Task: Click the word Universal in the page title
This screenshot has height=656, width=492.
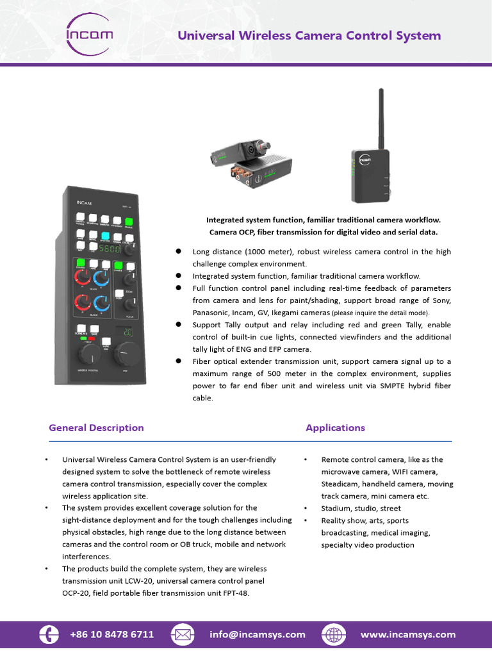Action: point(205,35)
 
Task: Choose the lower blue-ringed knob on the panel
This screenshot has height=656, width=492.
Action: point(101,302)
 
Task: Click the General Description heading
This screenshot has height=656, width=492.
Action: point(96,428)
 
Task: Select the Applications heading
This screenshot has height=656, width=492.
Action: point(335,428)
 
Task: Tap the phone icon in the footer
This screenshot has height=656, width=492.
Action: point(48,634)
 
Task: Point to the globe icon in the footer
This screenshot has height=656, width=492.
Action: point(334,634)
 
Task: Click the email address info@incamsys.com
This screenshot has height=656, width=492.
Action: point(258,634)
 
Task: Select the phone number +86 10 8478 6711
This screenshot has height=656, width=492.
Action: point(112,634)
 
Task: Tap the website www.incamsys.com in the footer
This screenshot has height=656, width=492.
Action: point(408,634)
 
